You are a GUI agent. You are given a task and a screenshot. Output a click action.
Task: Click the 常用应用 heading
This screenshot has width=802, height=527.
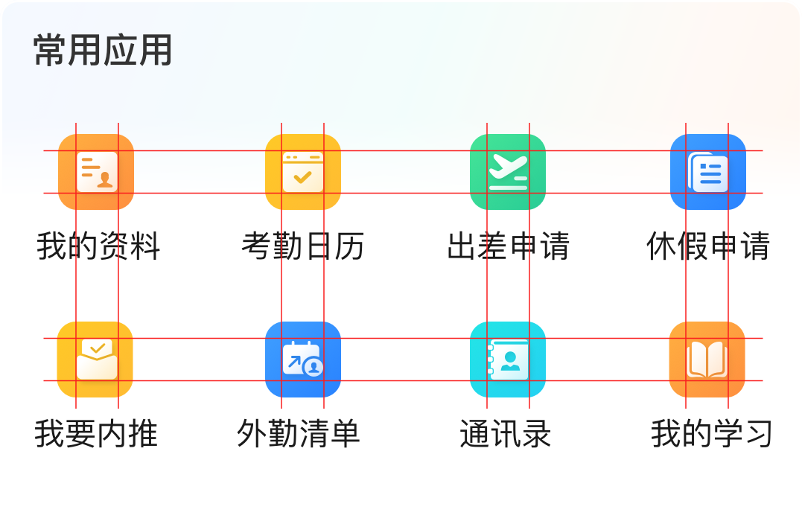tap(103, 51)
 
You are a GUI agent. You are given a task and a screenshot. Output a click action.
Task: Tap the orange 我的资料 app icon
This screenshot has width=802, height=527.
tap(96, 172)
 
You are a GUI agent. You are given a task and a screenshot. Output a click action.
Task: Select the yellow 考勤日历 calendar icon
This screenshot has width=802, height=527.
tap(302, 172)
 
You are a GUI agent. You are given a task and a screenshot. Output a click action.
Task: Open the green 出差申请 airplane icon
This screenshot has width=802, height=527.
tap(508, 172)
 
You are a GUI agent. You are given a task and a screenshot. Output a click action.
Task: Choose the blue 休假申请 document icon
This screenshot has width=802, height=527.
tap(707, 172)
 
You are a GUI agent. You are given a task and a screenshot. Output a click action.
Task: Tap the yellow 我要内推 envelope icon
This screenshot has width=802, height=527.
tap(95, 360)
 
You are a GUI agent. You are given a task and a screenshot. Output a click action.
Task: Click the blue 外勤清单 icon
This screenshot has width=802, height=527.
tap(302, 360)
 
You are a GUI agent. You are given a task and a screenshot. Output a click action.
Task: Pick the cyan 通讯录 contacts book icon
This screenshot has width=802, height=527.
tap(508, 360)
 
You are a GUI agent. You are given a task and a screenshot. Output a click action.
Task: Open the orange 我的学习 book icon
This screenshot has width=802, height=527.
tap(707, 360)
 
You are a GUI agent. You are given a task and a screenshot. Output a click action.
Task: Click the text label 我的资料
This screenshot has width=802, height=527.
tap(98, 246)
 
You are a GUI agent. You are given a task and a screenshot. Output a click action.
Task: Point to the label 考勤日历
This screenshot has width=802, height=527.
tap(303, 246)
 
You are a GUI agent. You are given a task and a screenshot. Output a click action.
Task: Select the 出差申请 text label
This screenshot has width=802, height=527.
tap(508, 246)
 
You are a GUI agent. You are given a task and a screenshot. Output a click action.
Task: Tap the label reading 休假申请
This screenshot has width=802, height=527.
tap(707, 246)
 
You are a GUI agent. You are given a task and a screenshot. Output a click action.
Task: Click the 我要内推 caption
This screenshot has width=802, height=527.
tap(96, 434)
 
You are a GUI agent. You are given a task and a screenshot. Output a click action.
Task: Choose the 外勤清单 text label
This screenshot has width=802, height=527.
tap(298, 434)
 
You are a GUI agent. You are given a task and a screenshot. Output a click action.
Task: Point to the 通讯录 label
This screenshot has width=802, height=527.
tap(506, 434)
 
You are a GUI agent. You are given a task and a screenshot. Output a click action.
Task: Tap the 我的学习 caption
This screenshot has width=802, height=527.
tap(711, 434)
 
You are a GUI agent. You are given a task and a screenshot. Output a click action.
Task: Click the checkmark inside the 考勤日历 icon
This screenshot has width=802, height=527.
tap(302, 177)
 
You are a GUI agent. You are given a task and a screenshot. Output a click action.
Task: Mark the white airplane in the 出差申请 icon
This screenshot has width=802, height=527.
tap(508, 166)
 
